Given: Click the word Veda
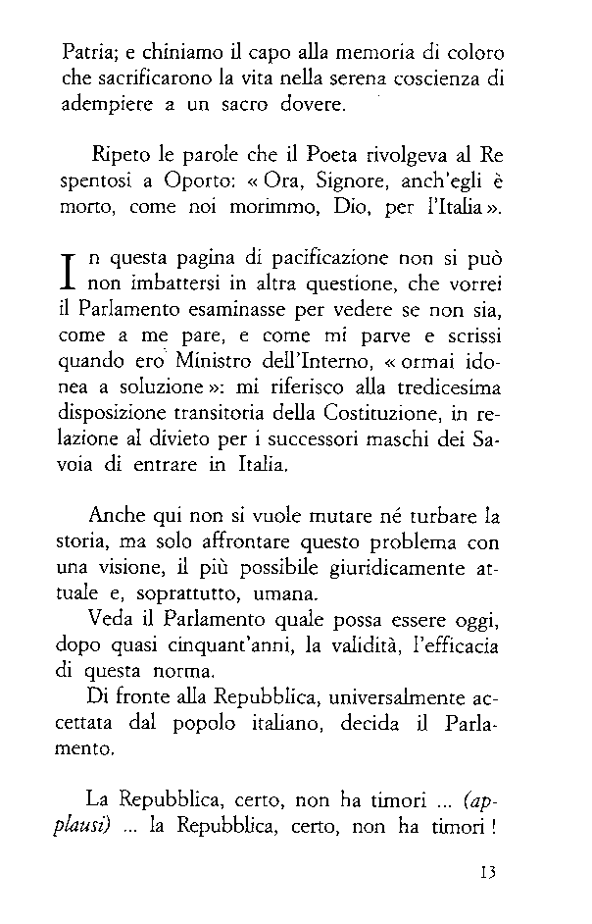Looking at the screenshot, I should point(109,622).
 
